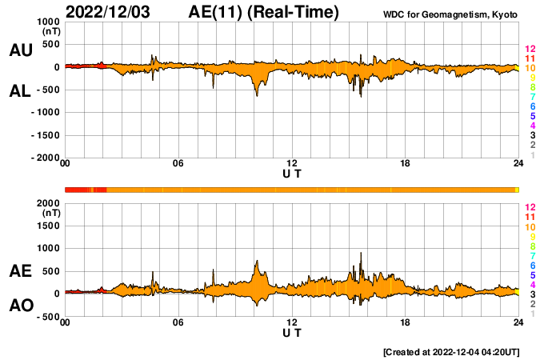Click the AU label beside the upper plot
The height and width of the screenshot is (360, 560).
20,50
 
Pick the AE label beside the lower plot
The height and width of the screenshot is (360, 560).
20,272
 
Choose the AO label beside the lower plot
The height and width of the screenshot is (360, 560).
20,305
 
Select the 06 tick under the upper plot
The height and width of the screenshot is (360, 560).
178,164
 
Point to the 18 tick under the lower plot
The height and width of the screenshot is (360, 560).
405,322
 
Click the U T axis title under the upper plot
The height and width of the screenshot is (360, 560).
292,173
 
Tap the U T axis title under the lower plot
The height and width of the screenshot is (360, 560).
292,331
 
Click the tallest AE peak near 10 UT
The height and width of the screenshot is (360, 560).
257,261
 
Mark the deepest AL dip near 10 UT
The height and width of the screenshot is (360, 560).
257,96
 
